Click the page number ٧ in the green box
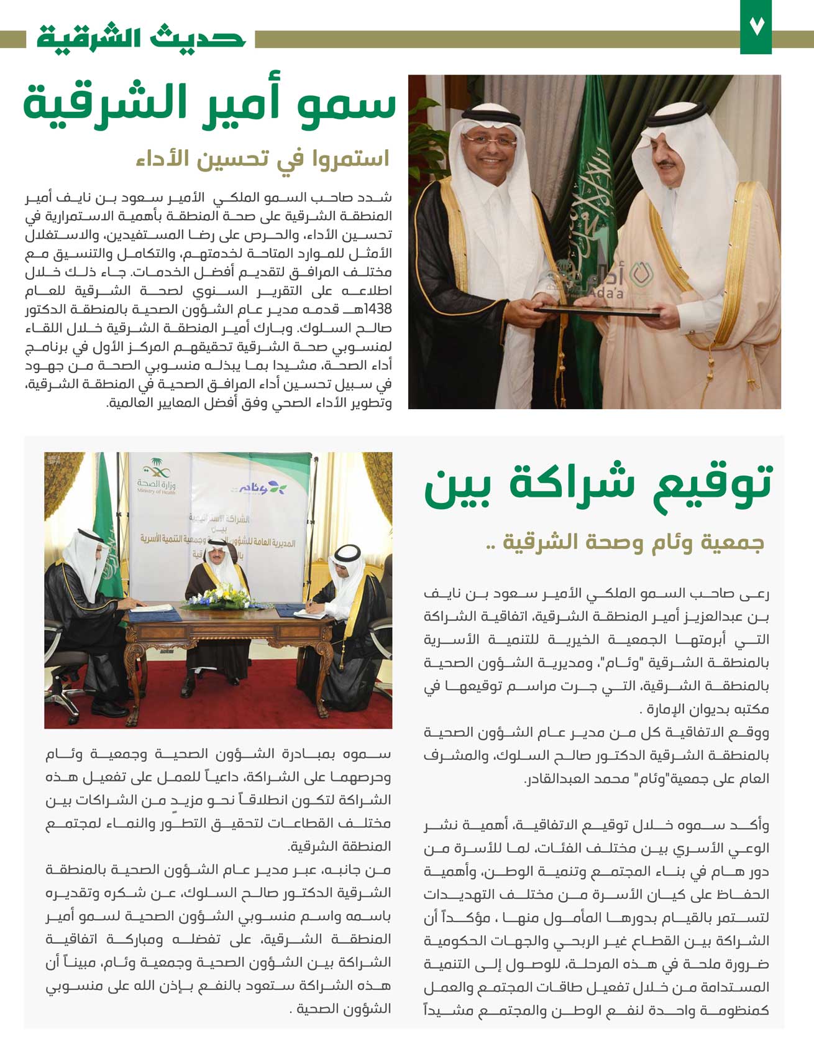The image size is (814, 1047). (x=755, y=28)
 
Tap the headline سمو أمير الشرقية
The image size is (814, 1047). (x=209, y=103)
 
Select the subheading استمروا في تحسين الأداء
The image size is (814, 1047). (x=262, y=159)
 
